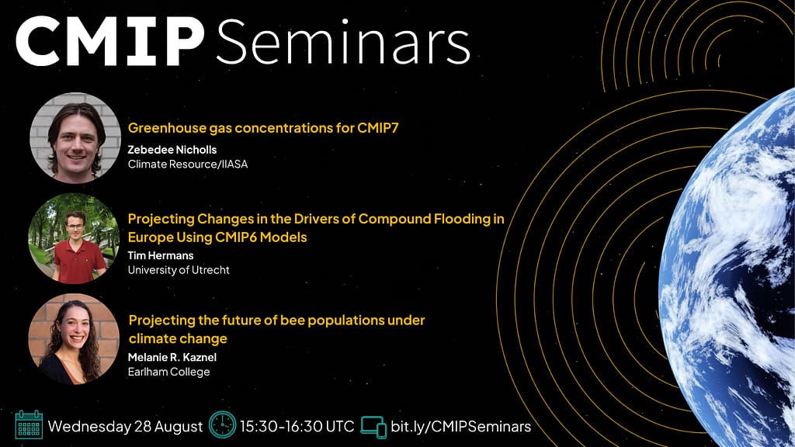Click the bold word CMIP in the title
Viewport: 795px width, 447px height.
pyautogui.click(x=109, y=41)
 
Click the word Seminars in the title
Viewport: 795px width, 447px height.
pyautogui.click(x=343, y=42)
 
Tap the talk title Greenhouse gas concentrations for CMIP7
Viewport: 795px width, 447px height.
pyautogui.click(x=263, y=128)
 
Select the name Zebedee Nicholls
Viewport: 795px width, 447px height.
pyautogui.click(x=172, y=150)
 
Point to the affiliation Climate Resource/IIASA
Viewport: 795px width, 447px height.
pyautogui.click(x=188, y=165)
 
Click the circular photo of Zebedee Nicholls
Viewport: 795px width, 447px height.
pyautogui.click(x=75, y=138)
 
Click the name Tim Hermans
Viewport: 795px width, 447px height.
pyautogui.click(x=160, y=255)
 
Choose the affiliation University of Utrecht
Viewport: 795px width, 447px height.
pyautogui.click(x=179, y=270)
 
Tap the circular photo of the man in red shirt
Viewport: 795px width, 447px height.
pyautogui.click(x=74, y=238)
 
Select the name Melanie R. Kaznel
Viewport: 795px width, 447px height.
pyautogui.click(x=172, y=357)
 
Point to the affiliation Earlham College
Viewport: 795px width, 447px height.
pyautogui.click(x=168, y=372)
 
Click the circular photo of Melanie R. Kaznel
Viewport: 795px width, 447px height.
pyautogui.click(x=74, y=339)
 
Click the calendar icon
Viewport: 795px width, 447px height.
pyautogui.click(x=29, y=424)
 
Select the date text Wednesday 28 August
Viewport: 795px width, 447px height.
pyautogui.click(x=125, y=427)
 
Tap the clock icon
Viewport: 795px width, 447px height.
pyautogui.click(x=223, y=424)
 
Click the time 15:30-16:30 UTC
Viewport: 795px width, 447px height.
pyautogui.click(x=297, y=426)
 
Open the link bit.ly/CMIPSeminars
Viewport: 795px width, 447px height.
pyautogui.click(x=461, y=427)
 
